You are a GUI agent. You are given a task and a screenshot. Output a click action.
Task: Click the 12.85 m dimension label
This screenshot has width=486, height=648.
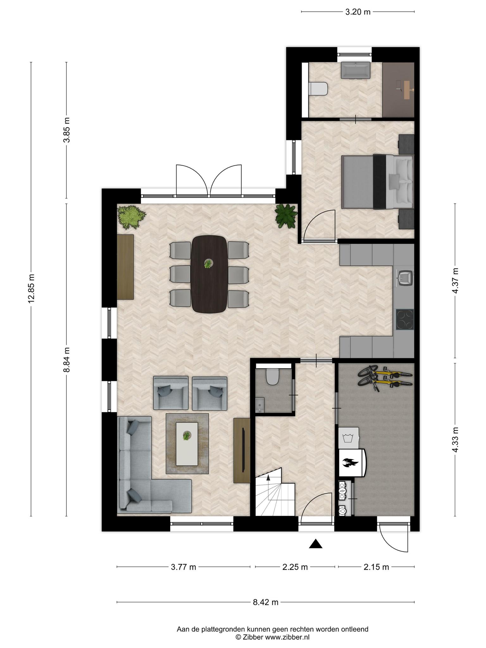click(x=31, y=289)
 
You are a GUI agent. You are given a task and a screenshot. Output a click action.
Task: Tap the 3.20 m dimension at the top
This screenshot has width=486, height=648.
click(x=358, y=12)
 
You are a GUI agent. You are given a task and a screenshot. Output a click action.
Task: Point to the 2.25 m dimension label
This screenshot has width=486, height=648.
click(x=295, y=567)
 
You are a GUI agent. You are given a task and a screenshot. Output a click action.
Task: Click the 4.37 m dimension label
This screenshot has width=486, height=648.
click(x=455, y=281)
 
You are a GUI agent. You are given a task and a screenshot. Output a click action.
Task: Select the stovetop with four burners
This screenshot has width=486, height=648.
click(x=405, y=320)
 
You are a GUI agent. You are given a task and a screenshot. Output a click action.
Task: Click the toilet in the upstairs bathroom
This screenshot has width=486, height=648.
click(x=318, y=89)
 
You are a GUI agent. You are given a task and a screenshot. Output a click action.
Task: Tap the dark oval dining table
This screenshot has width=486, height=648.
click(x=209, y=274)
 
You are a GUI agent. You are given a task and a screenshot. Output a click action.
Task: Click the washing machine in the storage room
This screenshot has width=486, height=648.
click(x=349, y=438)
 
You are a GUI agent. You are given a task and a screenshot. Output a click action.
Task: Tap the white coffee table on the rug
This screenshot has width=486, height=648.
click(x=187, y=444)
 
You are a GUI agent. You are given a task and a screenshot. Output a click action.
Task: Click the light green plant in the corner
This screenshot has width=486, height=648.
click(x=131, y=217)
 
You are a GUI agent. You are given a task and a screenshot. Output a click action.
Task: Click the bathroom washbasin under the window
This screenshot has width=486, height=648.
click(x=356, y=70)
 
